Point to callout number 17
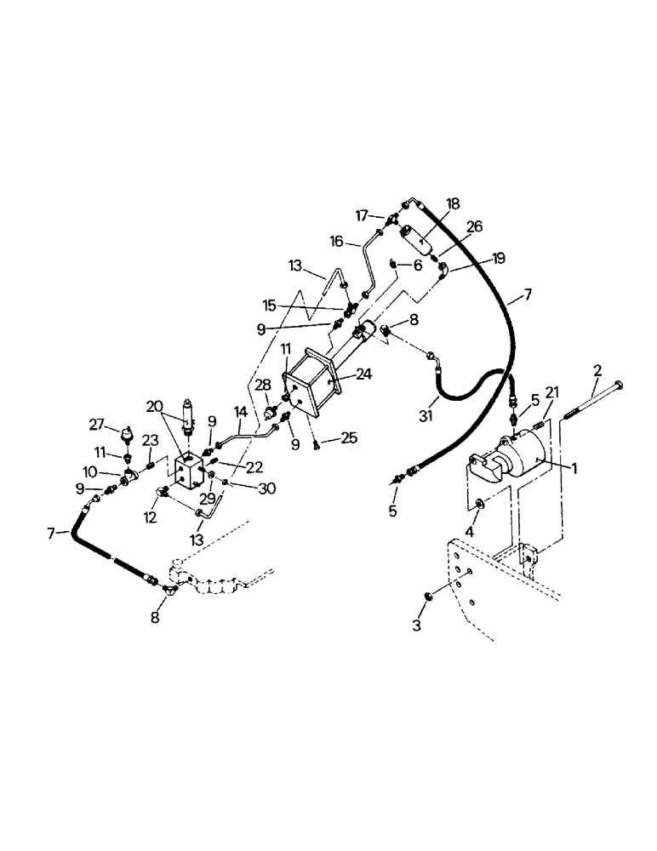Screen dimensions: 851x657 [x=361, y=216]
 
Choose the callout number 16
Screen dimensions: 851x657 [x=338, y=242]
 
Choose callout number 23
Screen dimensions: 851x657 [x=151, y=440]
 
